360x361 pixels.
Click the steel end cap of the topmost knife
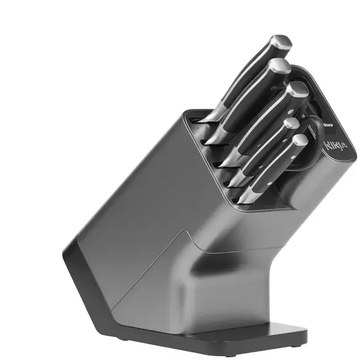pos(281,42)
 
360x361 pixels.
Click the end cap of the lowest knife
pos(301,141)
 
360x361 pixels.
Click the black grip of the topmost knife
pos(248,74)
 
